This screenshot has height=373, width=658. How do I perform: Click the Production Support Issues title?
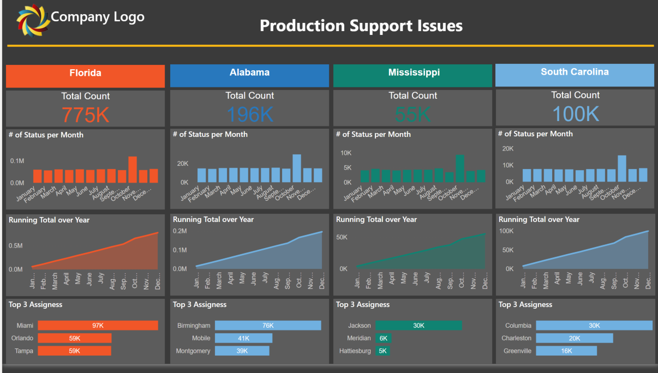pos(361,26)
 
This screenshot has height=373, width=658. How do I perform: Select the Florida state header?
pos(85,74)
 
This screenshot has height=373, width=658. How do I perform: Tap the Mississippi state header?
pos(414,73)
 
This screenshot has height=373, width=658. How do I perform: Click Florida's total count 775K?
pos(86,115)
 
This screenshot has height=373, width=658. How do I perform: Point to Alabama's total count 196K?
pos(250,114)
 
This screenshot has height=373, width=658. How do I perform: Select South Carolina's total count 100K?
pos(575,113)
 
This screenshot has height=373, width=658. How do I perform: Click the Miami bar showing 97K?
pos(98,326)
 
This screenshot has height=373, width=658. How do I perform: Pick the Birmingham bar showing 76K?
pos(267,326)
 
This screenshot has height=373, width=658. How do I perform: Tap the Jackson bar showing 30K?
pos(418,326)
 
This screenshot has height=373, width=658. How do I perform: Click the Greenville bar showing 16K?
pos(566,351)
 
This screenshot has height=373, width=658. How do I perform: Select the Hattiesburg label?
pos(355,351)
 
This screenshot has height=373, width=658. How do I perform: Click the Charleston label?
pos(516,338)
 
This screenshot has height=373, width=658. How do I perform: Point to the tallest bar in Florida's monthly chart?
pos(133,170)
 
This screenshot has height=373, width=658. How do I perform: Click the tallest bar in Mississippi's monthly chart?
pos(460,168)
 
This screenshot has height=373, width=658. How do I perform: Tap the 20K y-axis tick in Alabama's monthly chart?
pos(182,164)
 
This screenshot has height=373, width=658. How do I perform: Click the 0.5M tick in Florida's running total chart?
pos(16,246)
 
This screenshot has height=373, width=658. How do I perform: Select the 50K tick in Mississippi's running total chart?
pos(342,238)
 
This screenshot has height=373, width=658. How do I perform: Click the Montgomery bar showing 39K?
pos(242,351)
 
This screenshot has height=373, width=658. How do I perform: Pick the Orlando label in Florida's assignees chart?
pos(22,338)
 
